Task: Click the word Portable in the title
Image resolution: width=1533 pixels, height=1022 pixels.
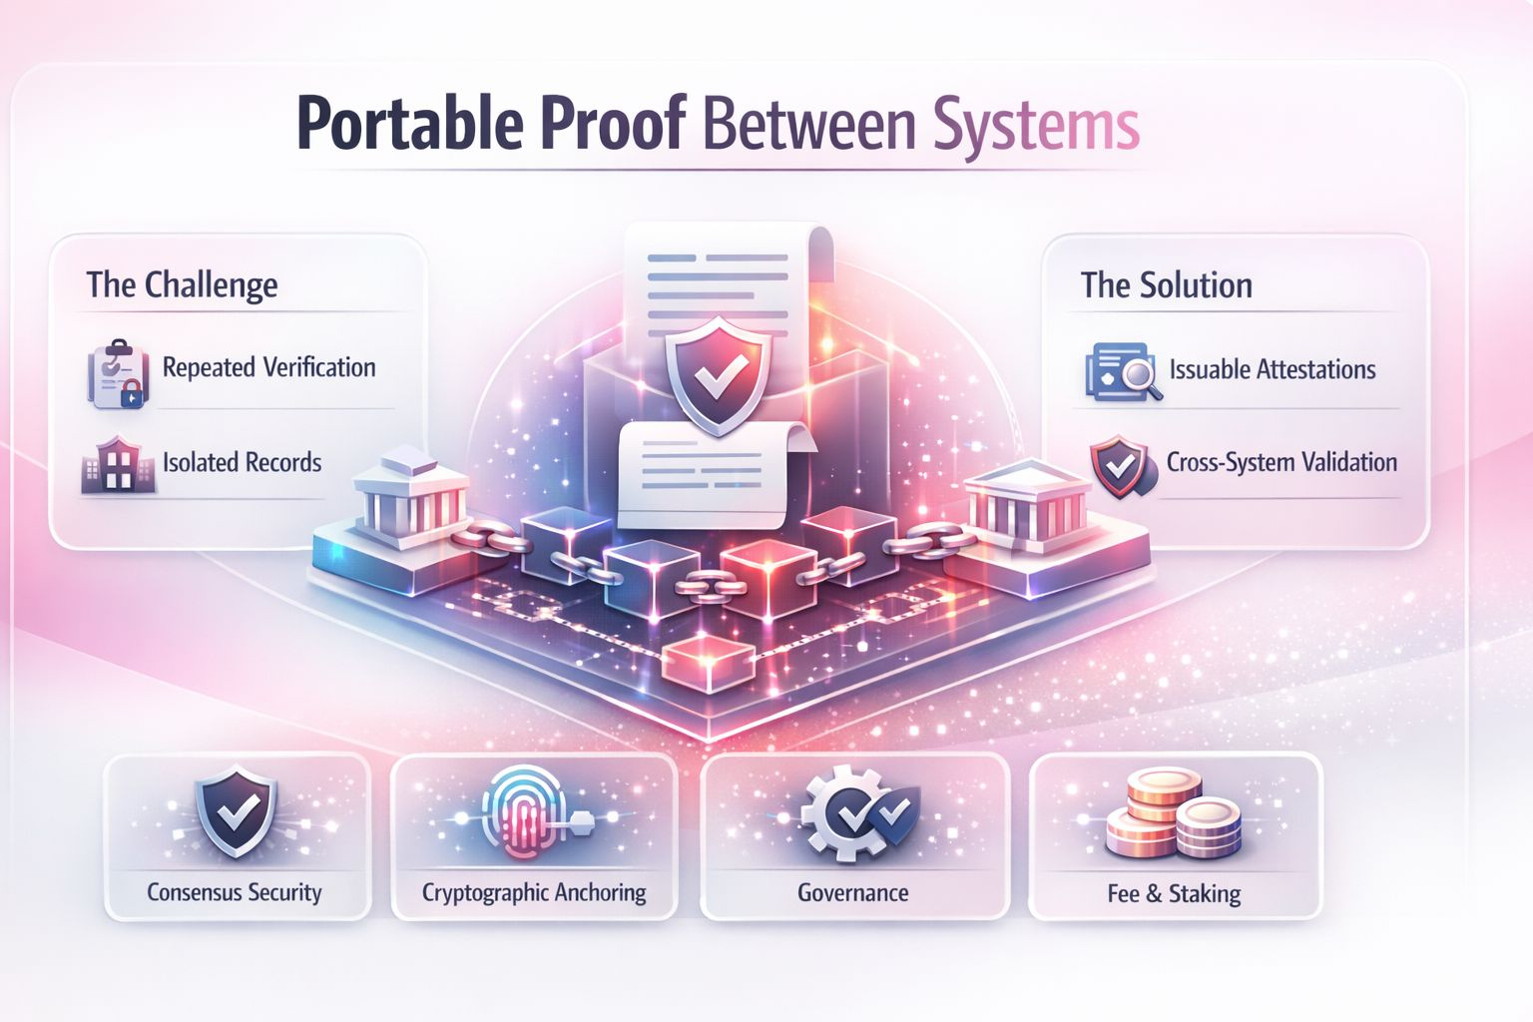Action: pos(409,125)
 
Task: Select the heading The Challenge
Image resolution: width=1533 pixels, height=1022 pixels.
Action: pos(182,284)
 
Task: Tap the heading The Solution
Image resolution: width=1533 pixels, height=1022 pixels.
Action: pos(1166,285)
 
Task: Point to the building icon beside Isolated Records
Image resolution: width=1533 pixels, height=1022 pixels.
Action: pos(118,465)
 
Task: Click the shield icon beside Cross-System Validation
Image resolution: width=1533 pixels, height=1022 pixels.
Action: pos(1120,465)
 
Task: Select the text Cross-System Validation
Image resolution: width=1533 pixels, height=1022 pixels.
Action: pos(1281,462)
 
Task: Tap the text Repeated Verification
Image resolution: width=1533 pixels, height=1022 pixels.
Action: pos(268,367)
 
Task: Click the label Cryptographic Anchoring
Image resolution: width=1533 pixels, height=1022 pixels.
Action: pos(534,892)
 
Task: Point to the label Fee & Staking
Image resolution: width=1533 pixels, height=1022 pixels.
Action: pos(1174,893)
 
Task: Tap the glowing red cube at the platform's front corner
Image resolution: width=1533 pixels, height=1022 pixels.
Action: pos(708,661)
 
